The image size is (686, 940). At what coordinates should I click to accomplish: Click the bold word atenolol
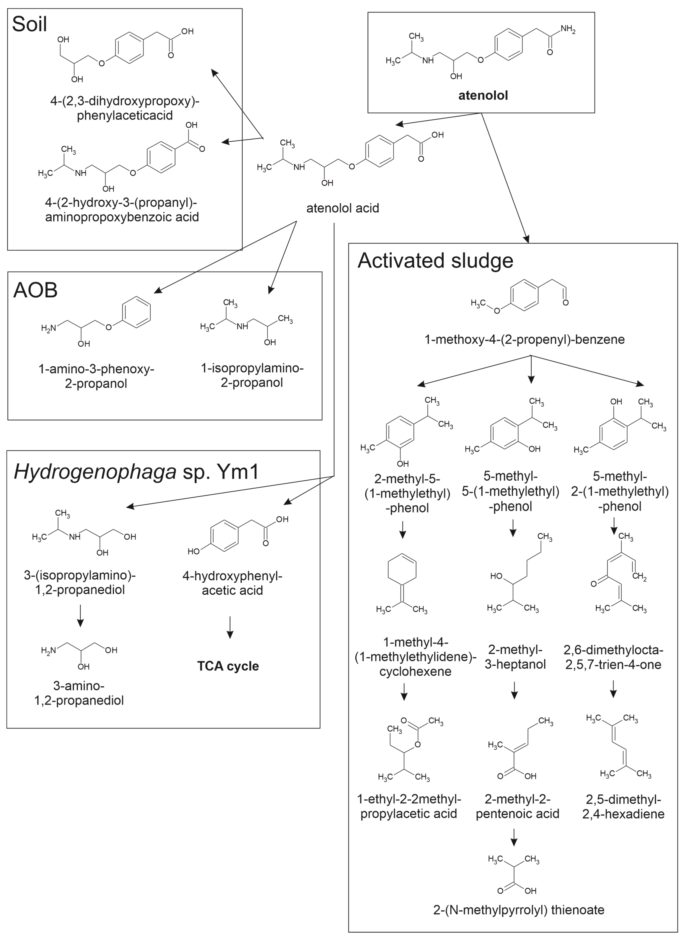pos(483,96)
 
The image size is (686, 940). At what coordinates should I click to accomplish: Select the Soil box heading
pos(29,24)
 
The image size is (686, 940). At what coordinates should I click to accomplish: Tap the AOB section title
pos(35,290)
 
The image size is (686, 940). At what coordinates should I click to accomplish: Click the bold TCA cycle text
pos(228,666)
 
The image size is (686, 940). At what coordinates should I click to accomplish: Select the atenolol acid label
pos(343,208)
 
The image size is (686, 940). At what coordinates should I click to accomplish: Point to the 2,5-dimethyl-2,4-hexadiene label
pos(623,806)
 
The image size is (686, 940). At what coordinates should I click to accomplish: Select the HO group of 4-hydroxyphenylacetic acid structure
pos(193,551)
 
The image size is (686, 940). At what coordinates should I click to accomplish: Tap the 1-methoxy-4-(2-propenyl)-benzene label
pos(524,339)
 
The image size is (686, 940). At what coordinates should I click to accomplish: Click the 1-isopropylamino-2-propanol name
pos(252,375)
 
